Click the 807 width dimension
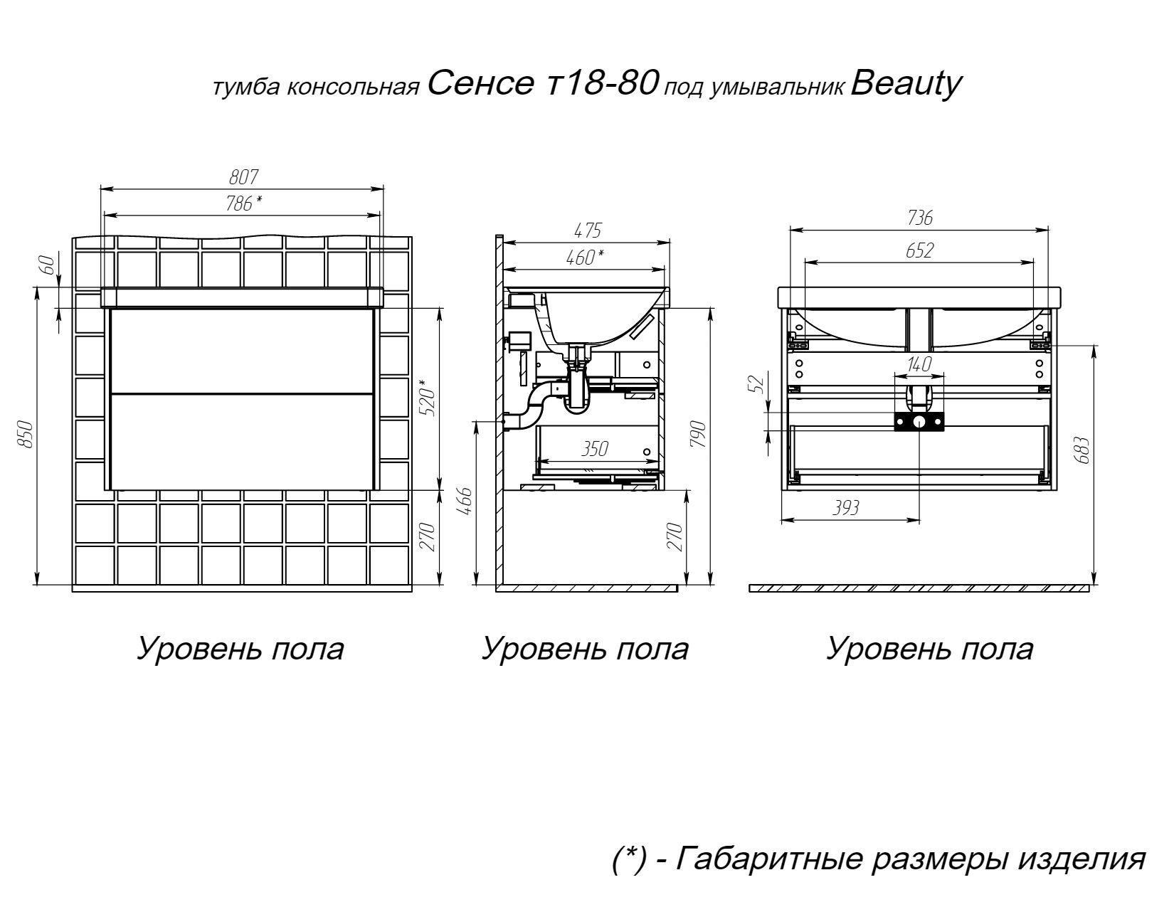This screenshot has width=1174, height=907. pos(243,177)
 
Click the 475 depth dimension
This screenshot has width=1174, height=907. pos(588,230)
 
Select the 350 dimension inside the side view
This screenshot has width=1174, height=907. pos(595,449)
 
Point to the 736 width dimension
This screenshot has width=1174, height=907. pos(919,218)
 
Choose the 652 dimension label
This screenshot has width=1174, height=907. pos(919,250)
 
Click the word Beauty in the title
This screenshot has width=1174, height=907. pos(906,85)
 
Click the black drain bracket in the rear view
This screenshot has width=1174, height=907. pos(919,423)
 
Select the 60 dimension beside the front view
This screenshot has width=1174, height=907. pos(48,266)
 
